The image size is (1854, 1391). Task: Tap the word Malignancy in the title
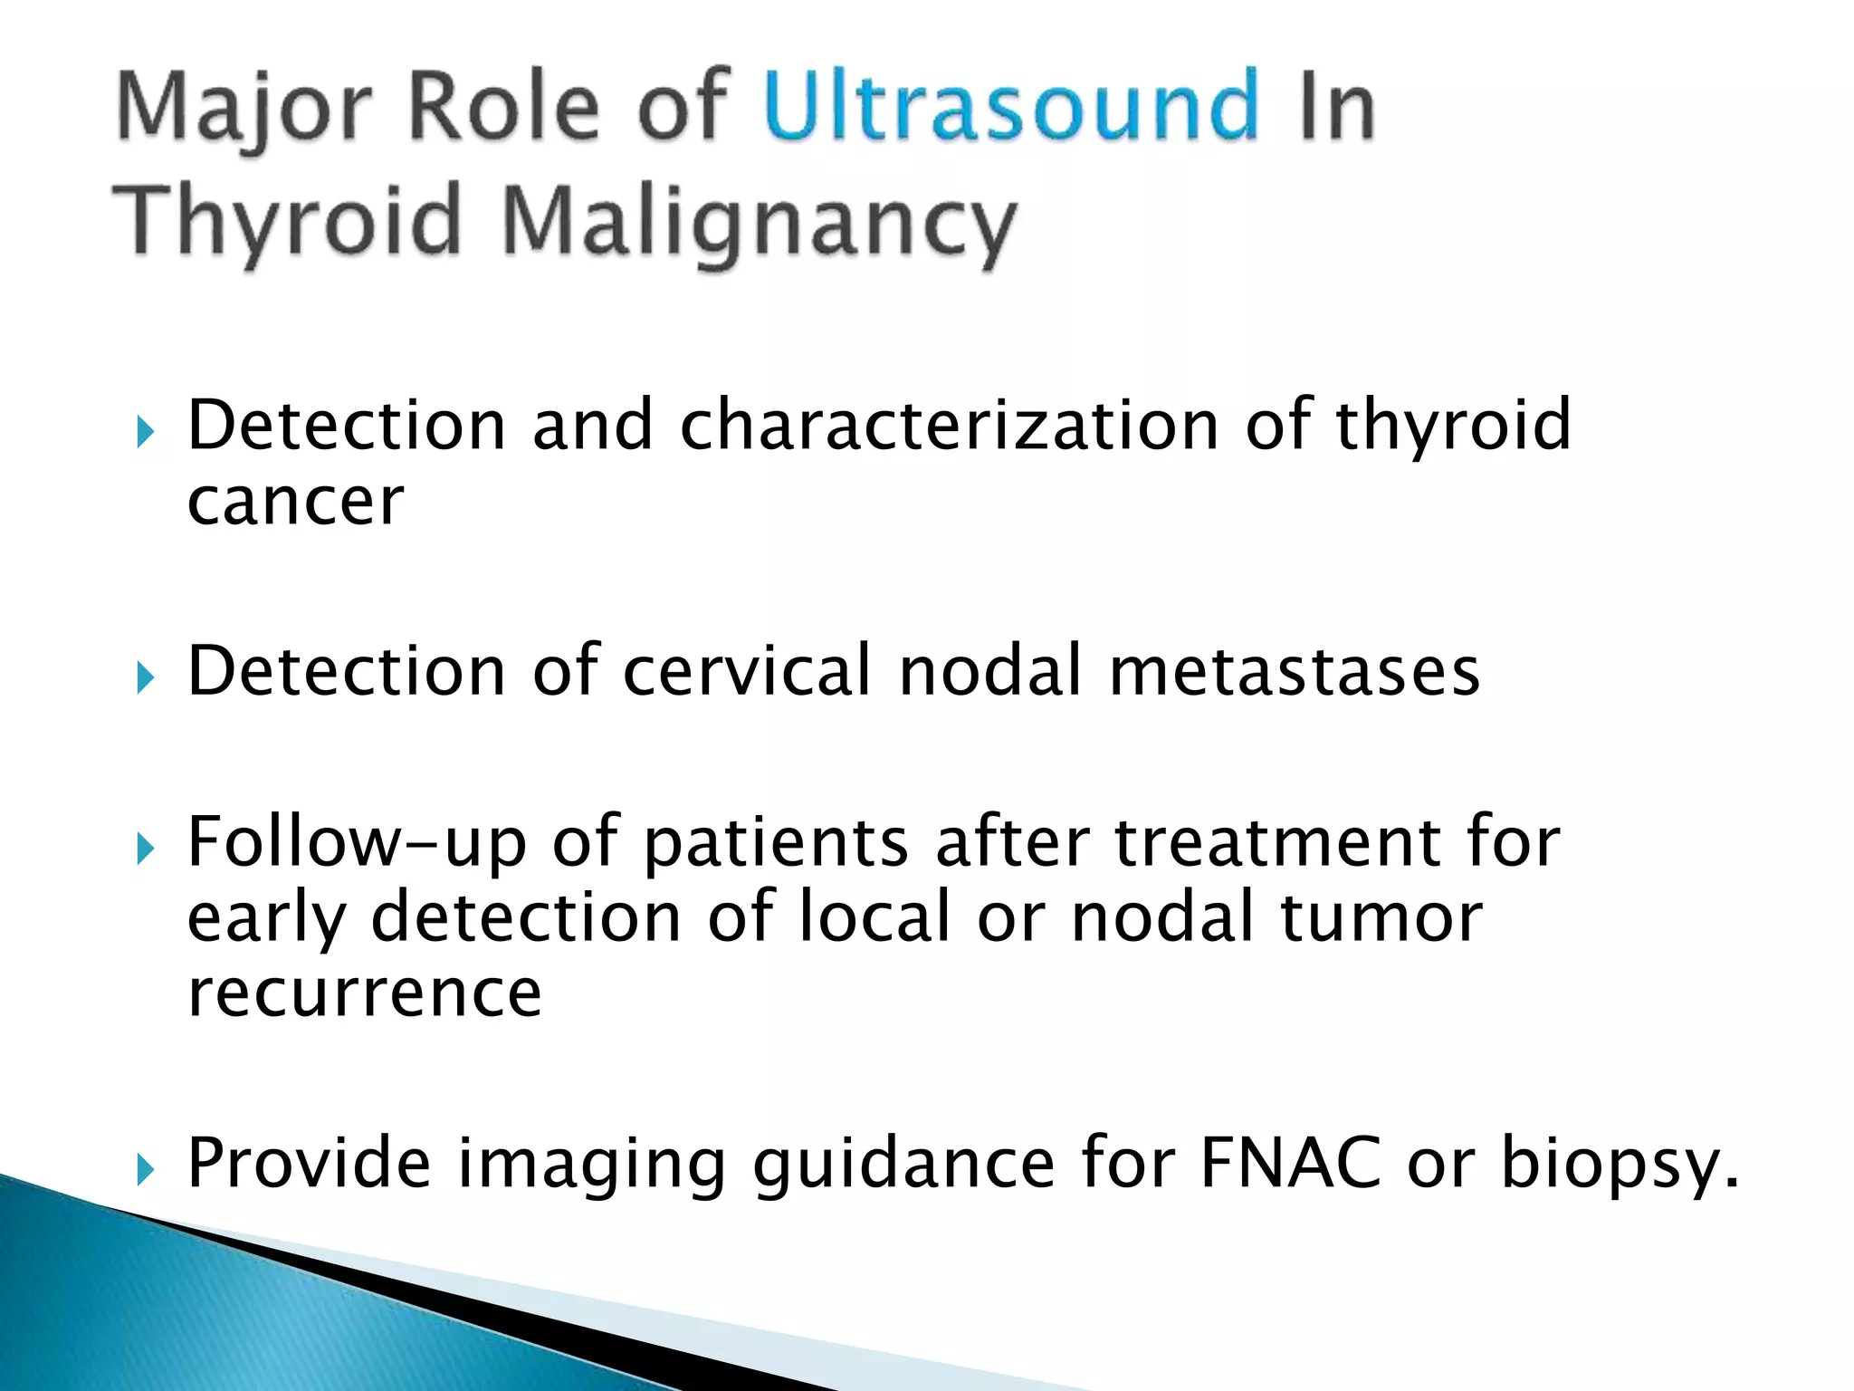coord(759,220)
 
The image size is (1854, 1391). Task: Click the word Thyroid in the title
coord(288,220)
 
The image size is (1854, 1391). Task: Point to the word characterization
coord(949,425)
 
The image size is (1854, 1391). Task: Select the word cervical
coord(748,671)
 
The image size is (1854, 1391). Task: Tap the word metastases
coord(1295,671)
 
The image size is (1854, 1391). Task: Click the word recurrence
coord(364,993)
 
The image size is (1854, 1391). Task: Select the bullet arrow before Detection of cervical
coord(146,677)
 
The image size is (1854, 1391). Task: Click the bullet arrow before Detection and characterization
coord(146,432)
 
